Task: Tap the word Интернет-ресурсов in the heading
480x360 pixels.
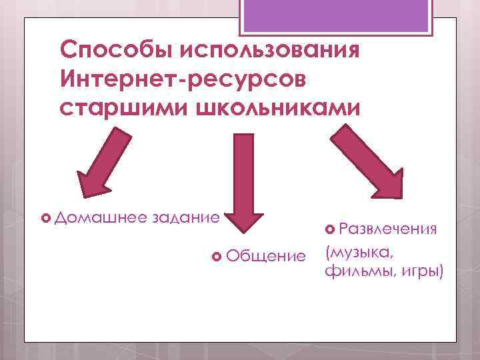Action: (x=184, y=79)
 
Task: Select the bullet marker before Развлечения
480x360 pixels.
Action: (x=331, y=230)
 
